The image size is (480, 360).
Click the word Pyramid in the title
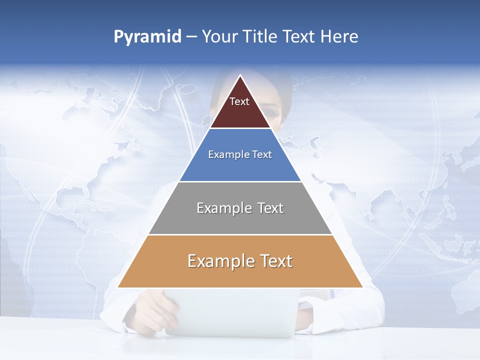[x=147, y=37]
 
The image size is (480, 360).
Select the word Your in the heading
[x=219, y=36]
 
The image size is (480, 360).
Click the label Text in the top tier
[x=239, y=101]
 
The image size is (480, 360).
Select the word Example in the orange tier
[x=220, y=261]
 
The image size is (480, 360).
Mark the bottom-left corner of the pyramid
[x=118, y=287]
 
